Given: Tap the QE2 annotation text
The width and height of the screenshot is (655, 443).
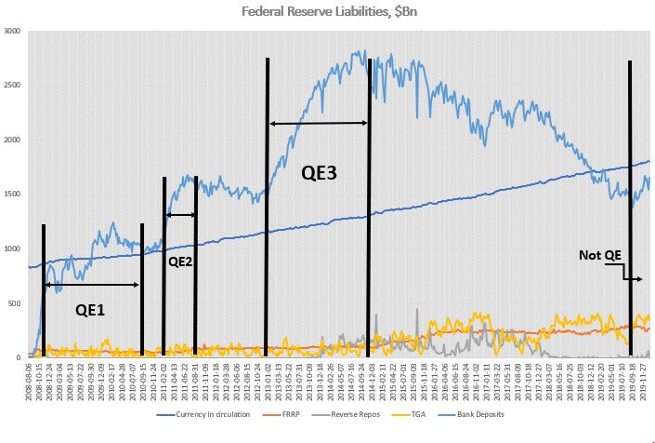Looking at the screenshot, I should click(x=181, y=262).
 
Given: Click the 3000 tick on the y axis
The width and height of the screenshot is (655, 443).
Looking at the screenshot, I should click(x=12, y=31).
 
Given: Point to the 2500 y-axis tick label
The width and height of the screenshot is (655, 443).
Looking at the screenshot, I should click(x=12, y=85).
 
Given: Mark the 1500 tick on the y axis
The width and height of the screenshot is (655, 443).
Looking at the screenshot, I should click(x=12, y=194).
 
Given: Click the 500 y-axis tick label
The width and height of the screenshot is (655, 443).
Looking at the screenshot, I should click(x=14, y=302).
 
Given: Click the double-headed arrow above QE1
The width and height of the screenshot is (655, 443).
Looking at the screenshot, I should click(x=92, y=284).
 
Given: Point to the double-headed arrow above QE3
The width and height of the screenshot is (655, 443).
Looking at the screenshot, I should click(x=319, y=123).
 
